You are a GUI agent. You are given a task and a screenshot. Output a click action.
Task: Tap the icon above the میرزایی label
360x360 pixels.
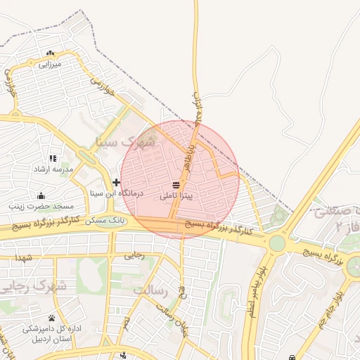pos(49,53)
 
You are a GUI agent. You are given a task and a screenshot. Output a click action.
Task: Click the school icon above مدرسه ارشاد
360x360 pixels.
pos(53,159)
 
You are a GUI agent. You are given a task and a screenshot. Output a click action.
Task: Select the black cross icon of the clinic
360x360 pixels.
pos(116,182)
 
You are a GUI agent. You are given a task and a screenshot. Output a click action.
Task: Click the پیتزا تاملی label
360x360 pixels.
pos(181,195)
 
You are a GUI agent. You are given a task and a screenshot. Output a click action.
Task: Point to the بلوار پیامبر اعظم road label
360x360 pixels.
pos(255,289)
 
